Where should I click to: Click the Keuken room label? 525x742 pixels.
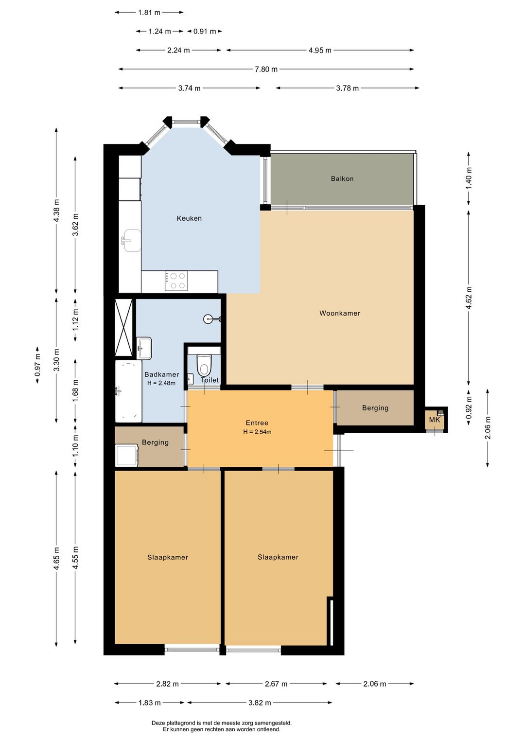(189, 218)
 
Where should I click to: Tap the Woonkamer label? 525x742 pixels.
(339, 313)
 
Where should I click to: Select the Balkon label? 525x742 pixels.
(342, 178)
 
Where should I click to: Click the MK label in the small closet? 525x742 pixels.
(434, 420)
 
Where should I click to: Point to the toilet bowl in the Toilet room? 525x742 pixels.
(204, 365)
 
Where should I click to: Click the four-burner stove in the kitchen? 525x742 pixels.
(176, 281)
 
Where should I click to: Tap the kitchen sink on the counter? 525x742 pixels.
(132, 241)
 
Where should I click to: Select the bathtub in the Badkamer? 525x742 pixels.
(128, 391)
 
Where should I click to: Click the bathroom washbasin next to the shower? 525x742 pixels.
(144, 348)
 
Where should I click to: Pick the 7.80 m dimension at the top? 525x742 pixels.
(266, 69)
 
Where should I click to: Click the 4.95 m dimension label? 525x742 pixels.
(320, 51)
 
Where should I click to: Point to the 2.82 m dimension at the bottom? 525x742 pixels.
(167, 684)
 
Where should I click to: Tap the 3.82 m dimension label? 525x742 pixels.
(260, 703)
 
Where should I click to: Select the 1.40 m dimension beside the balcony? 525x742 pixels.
(468, 178)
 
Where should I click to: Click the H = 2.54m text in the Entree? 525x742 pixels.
(257, 432)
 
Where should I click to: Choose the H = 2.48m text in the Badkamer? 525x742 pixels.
(161, 383)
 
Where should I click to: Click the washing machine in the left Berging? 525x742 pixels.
(126, 455)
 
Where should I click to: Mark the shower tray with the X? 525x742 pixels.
(123, 327)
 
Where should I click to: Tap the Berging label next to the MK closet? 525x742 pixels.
(375, 408)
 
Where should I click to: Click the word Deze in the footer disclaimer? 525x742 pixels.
(158, 723)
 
